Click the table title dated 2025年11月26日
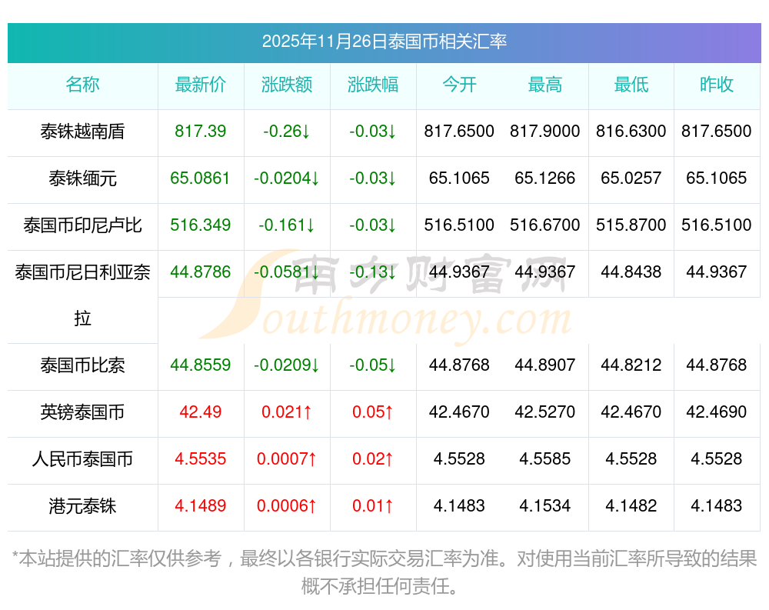384,42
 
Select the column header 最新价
201,85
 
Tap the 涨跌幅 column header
373,85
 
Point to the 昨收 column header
717,85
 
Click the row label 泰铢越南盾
82,132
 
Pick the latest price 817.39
201,132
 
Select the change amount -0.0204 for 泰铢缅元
287,178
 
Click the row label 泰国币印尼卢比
82,225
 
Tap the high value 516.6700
545,225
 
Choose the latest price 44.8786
201,272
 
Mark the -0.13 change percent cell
373,272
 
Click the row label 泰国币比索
82,365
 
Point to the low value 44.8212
631,365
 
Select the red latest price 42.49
201,412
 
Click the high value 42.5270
545,412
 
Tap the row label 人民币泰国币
82,459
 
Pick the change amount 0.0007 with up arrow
287,459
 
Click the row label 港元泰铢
82,506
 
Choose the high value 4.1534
545,506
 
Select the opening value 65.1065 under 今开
459,178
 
